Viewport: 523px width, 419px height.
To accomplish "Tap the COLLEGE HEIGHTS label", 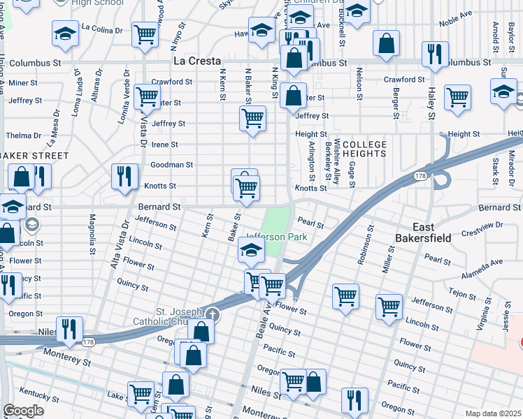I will [x=365, y=148].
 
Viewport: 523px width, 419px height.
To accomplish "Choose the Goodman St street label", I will [x=171, y=165].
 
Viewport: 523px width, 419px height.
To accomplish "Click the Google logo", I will [x=23, y=411].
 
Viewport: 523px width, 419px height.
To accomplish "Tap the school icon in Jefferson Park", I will [x=252, y=249].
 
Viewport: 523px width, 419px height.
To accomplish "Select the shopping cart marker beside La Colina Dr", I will [x=145, y=33].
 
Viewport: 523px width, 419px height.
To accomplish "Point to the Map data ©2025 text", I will [x=493, y=413].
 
